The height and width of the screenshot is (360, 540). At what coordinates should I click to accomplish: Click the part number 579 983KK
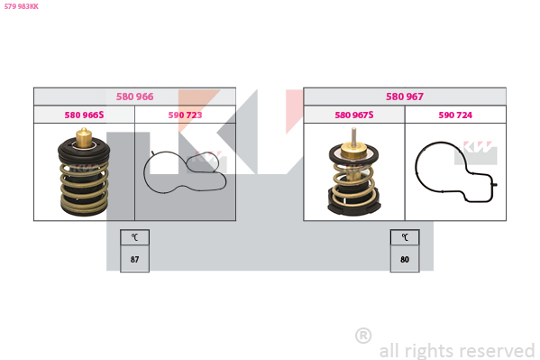click(22, 6)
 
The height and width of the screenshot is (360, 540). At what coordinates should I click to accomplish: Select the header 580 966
click(134, 97)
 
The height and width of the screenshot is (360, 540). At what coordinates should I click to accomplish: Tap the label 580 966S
click(84, 115)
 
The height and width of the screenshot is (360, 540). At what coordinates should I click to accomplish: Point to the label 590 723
click(185, 115)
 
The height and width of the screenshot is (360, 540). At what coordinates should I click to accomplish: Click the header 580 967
click(405, 97)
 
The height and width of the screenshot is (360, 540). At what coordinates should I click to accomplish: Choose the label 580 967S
click(354, 115)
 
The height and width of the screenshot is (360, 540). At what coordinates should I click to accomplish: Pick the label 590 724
click(455, 115)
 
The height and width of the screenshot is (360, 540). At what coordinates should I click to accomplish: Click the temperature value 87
click(134, 259)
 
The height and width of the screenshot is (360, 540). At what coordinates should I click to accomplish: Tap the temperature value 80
click(405, 259)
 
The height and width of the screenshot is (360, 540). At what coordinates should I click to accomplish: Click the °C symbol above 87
click(134, 237)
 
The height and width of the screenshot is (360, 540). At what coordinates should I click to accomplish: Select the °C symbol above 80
click(405, 237)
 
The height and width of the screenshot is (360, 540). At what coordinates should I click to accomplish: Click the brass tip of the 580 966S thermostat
click(84, 137)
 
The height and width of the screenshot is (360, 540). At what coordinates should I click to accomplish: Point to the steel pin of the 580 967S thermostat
click(353, 135)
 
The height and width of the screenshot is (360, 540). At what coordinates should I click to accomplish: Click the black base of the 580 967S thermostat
click(354, 206)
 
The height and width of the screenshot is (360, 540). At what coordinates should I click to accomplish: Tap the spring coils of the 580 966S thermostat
click(85, 184)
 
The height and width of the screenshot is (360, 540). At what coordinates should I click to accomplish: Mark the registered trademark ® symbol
click(363, 336)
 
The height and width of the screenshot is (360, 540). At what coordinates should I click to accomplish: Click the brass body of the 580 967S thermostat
click(353, 151)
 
